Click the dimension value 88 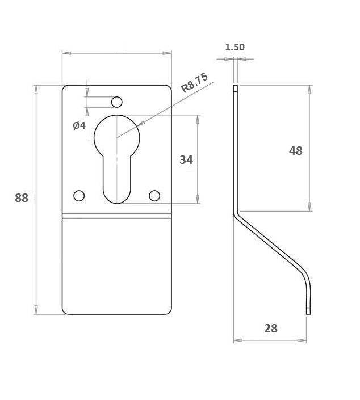coord(22,198)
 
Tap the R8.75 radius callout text coord(194,83)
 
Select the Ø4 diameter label coord(79,125)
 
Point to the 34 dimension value coord(186,160)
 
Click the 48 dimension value coord(296,151)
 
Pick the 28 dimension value coord(271,329)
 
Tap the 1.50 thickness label coord(235,47)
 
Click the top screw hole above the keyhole coord(117,102)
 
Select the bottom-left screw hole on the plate coord(79,196)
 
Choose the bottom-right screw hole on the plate coord(154,196)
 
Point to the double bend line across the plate coord(117,216)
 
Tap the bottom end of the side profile coord(308,311)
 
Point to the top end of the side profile coord(235,88)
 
